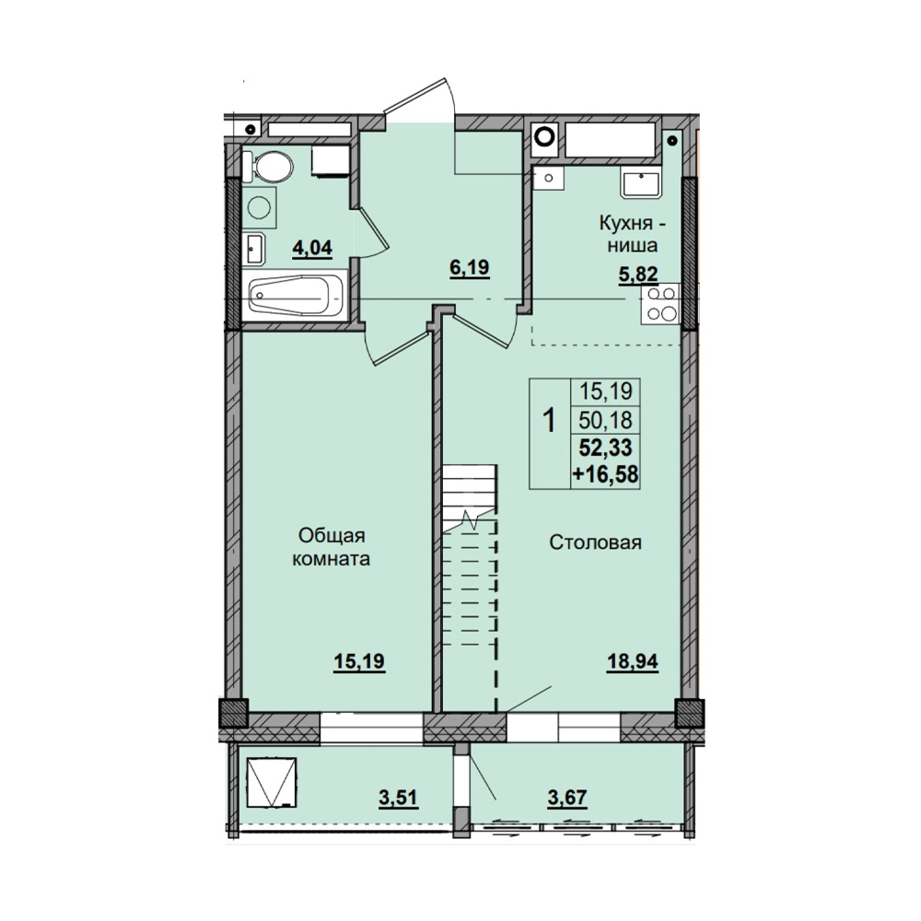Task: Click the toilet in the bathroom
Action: click(x=268, y=167)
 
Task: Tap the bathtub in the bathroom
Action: click(x=297, y=297)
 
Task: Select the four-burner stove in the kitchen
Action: click(x=660, y=304)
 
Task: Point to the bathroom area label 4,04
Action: click(x=312, y=249)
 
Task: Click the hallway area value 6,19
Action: click(x=470, y=268)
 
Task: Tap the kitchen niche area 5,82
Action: click(x=637, y=274)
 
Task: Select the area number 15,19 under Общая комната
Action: click(x=359, y=662)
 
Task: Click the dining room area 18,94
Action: click(x=633, y=662)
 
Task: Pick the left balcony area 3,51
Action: click(x=398, y=798)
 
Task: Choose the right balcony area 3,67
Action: click(x=566, y=798)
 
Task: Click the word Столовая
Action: click(x=595, y=542)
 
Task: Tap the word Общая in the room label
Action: click(x=332, y=536)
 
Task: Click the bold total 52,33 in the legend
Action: click(x=606, y=449)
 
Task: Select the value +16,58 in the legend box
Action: click(x=606, y=474)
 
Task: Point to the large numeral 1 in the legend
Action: click(x=549, y=421)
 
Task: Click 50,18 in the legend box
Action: click(x=606, y=420)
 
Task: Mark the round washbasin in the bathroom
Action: click(x=259, y=207)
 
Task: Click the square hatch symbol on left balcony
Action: click(x=271, y=782)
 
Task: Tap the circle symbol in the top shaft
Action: click(x=544, y=135)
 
